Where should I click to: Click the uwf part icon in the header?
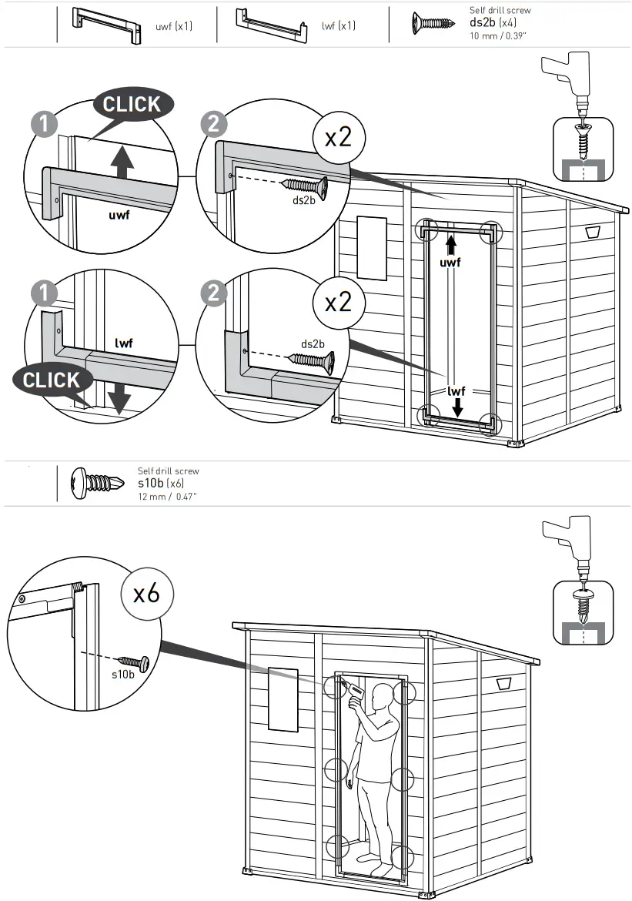(107, 26)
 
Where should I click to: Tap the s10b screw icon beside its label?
(93, 483)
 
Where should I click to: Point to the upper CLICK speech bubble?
(132, 105)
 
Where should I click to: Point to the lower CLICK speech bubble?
(52, 380)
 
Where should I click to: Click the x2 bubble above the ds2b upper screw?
(338, 137)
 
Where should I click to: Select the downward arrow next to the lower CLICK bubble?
(119, 397)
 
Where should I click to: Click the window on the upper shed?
(372, 247)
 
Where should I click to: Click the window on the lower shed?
(283, 699)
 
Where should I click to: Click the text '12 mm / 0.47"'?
(167, 497)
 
